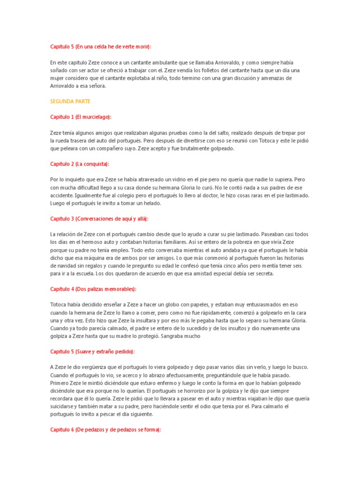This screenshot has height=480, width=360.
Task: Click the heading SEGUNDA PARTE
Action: (70, 101)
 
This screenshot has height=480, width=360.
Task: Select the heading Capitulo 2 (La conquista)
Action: (80, 164)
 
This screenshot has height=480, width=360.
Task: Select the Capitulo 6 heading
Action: (105, 429)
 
